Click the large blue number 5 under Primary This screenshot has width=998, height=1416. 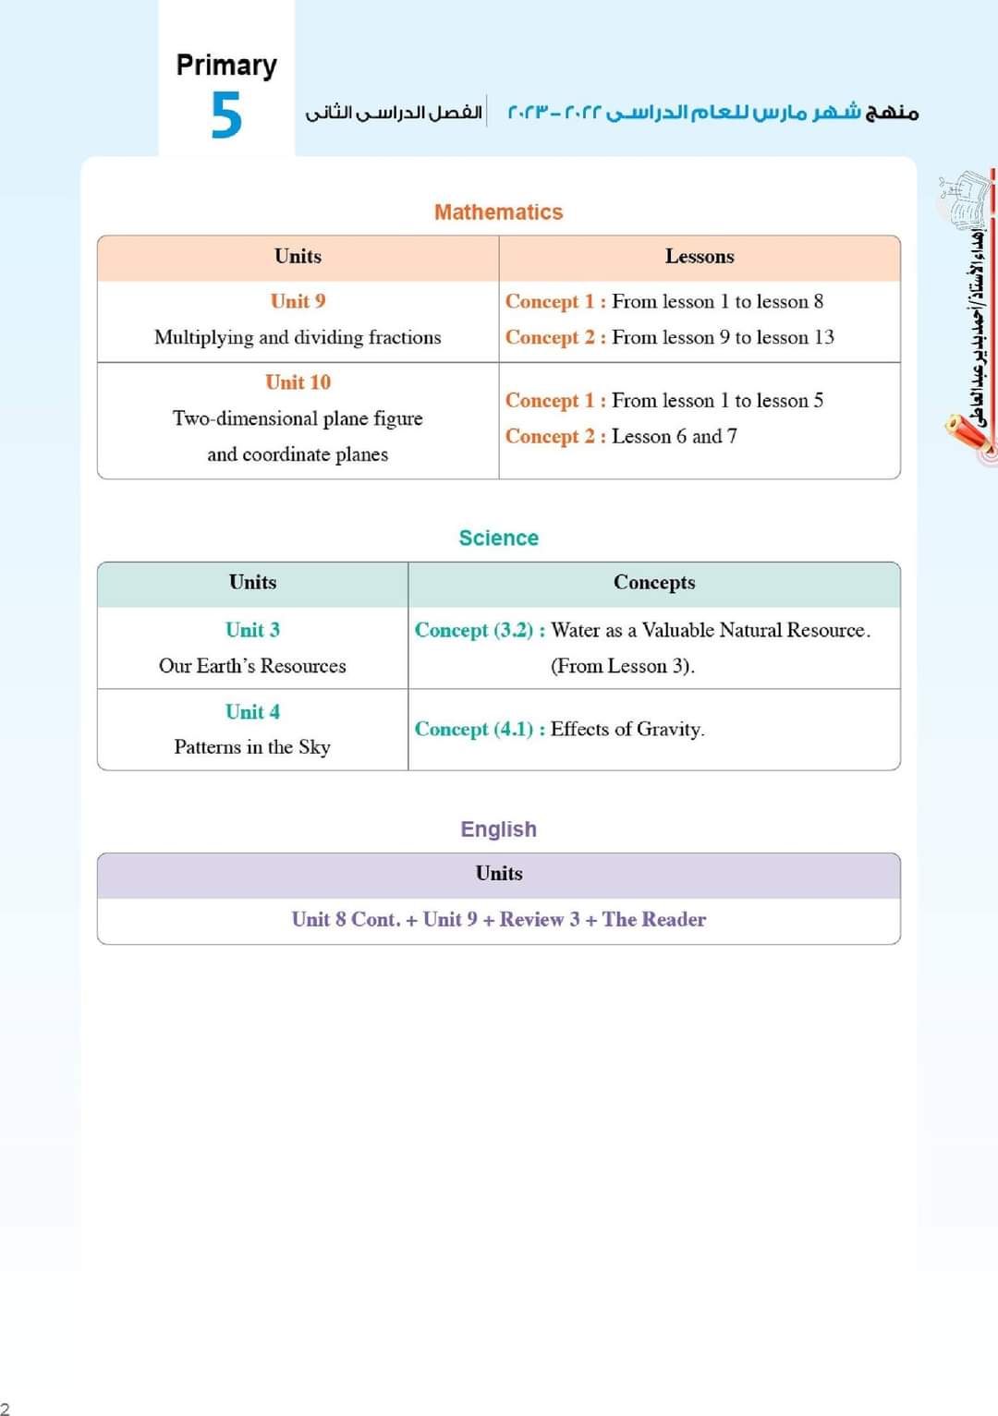(x=226, y=115)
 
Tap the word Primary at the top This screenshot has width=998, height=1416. (x=226, y=66)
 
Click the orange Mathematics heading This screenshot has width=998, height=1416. (x=498, y=212)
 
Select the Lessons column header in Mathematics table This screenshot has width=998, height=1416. (x=700, y=257)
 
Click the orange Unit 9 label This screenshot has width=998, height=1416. (x=298, y=301)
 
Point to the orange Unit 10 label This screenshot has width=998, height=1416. (x=298, y=382)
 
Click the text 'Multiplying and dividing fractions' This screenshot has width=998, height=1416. (x=298, y=337)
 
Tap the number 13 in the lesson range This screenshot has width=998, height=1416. (x=823, y=337)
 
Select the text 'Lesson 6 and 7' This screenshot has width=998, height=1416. (x=674, y=436)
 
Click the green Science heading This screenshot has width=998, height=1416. (x=498, y=539)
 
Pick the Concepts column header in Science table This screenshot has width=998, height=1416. (x=654, y=583)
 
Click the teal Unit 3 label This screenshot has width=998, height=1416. (x=252, y=630)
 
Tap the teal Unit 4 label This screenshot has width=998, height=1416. (x=252, y=712)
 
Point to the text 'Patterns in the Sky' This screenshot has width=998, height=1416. (x=252, y=747)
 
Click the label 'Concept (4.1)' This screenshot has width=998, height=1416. (x=474, y=730)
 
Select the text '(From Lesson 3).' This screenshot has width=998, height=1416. (x=623, y=666)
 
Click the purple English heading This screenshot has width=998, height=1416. (x=498, y=829)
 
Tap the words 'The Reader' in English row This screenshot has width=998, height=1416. (x=653, y=920)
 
